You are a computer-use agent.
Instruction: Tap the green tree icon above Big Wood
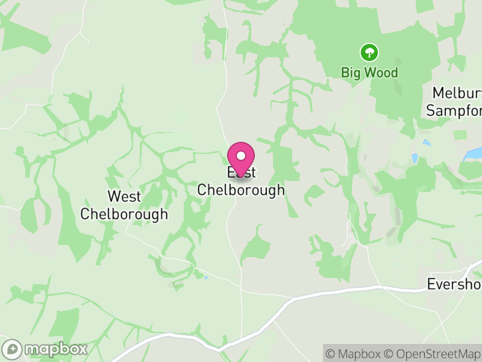pyautogui.click(x=369, y=52)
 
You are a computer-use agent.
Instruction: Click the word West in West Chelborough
pyautogui.click(x=124, y=196)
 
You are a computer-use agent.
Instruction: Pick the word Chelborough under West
pyautogui.click(x=124, y=214)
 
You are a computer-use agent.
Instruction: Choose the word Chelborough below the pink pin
pyautogui.click(x=241, y=190)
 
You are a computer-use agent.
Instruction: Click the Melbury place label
pyautogui.click(x=457, y=94)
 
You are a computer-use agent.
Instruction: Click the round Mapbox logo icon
pyautogui.click(x=13, y=349)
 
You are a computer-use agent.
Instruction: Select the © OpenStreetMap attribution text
pyautogui.click(x=433, y=354)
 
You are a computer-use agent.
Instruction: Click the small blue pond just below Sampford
pyautogui.click(x=427, y=143)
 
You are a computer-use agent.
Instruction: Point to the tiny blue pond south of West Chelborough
pyautogui.click(x=206, y=278)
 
